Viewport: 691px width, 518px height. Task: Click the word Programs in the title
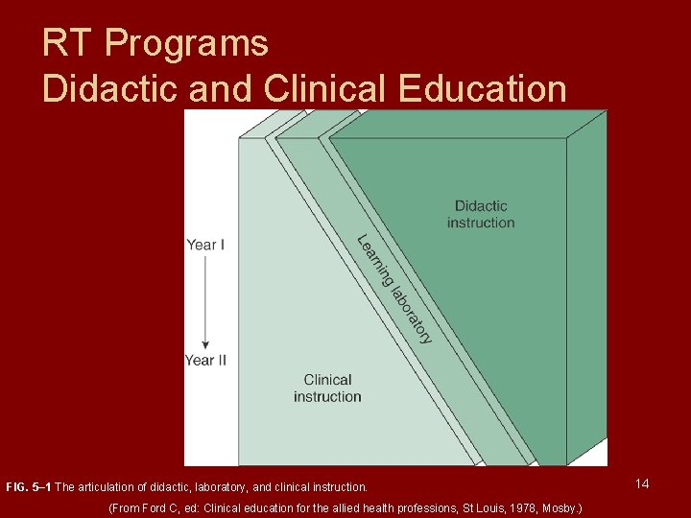coord(186,43)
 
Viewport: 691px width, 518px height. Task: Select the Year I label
coord(205,245)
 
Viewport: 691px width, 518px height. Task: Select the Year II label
coord(205,360)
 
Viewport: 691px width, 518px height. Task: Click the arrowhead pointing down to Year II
coord(205,344)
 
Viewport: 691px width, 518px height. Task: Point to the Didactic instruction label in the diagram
coord(481,214)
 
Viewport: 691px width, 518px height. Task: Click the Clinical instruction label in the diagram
coord(327,388)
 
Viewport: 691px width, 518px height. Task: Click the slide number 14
coord(642,483)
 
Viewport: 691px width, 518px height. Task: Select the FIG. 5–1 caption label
coord(29,487)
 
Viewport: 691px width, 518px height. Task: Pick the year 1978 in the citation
coord(507,506)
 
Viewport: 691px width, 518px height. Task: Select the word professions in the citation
coord(407,506)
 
